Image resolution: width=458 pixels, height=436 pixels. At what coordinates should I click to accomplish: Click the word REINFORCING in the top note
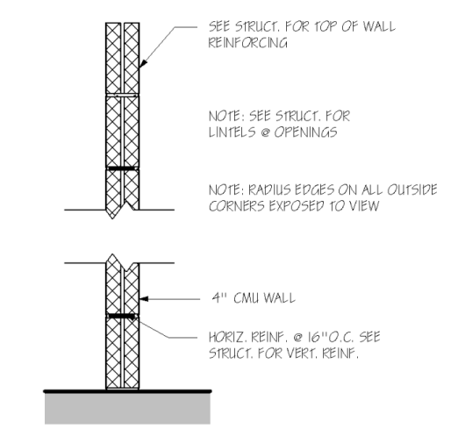247,43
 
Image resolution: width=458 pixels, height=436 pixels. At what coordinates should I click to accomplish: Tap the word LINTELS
233,132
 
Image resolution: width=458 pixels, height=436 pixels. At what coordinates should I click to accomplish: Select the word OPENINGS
305,132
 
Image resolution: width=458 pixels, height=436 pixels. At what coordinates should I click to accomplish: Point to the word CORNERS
237,206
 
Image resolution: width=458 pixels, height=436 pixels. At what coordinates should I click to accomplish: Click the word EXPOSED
296,206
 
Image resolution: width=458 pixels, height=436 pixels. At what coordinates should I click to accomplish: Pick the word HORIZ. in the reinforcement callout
227,337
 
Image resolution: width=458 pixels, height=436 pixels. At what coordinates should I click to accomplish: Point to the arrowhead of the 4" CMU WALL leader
144,299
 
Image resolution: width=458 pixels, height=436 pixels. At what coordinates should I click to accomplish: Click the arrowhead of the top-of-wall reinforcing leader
143,64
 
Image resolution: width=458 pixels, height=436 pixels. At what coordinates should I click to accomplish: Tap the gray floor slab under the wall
127,409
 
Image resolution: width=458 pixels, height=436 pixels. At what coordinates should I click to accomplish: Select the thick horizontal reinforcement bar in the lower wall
122,316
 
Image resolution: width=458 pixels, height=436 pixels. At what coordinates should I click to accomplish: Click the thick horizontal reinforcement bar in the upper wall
123,168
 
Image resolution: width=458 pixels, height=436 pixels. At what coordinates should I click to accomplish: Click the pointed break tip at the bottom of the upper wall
112,218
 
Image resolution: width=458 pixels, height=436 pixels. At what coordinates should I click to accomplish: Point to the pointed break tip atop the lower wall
112,254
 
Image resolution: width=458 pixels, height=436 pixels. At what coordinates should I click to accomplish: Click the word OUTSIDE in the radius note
412,189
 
